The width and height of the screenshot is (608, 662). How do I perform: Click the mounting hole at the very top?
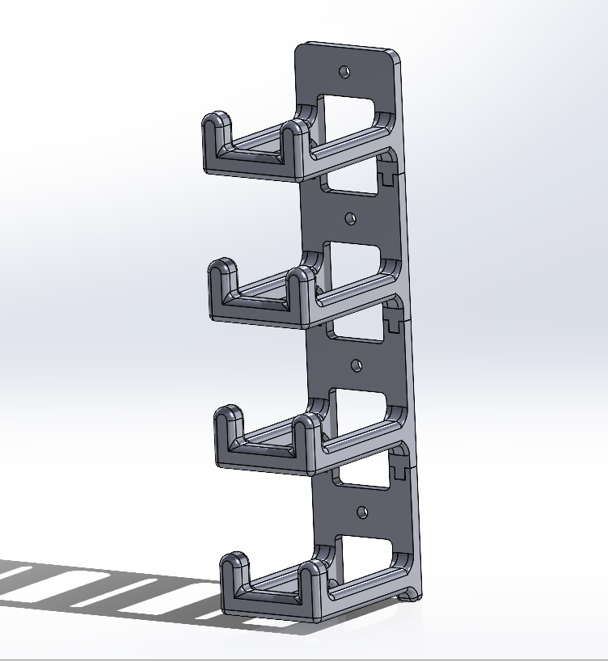pos(345,71)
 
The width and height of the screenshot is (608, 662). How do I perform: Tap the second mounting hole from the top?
pos(350,218)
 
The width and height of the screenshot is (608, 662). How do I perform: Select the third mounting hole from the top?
pos(356,365)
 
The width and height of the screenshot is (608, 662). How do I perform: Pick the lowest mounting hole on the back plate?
pos(361,512)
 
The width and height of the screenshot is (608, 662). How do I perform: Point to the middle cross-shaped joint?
pos(395,323)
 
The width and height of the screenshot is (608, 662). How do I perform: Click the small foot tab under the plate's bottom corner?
pos(412,596)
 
